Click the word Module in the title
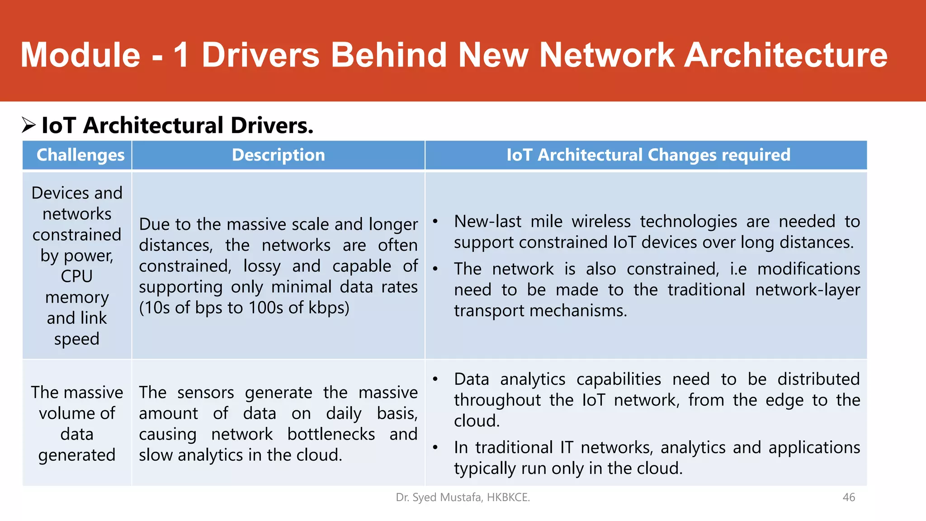coord(80,55)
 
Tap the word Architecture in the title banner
coord(786,55)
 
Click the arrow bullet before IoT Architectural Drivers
coord(28,125)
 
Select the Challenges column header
coord(80,155)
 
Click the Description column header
coord(278,155)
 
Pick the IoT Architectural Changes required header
coord(648,155)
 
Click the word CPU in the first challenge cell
coord(77,276)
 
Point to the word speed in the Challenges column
coord(77,339)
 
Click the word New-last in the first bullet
coord(487,222)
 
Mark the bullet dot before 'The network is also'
coord(435,269)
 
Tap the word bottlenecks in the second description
coord(331,434)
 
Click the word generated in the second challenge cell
coord(77,455)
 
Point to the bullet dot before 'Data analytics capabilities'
coord(435,379)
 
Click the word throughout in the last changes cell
coord(497,400)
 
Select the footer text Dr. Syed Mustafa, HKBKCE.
coord(463,497)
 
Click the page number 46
coord(849,497)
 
